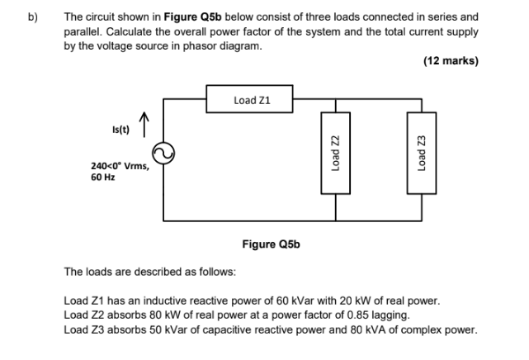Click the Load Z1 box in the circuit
pyautogui.click(x=251, y=100)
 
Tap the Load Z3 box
pyautogui.click(x=421, y=154)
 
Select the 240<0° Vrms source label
pyautogui.click(x=120, y=166)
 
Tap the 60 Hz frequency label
pyautogui.click(x=103, y=177)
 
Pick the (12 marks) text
pyautogui.click(x=451, y=60)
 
